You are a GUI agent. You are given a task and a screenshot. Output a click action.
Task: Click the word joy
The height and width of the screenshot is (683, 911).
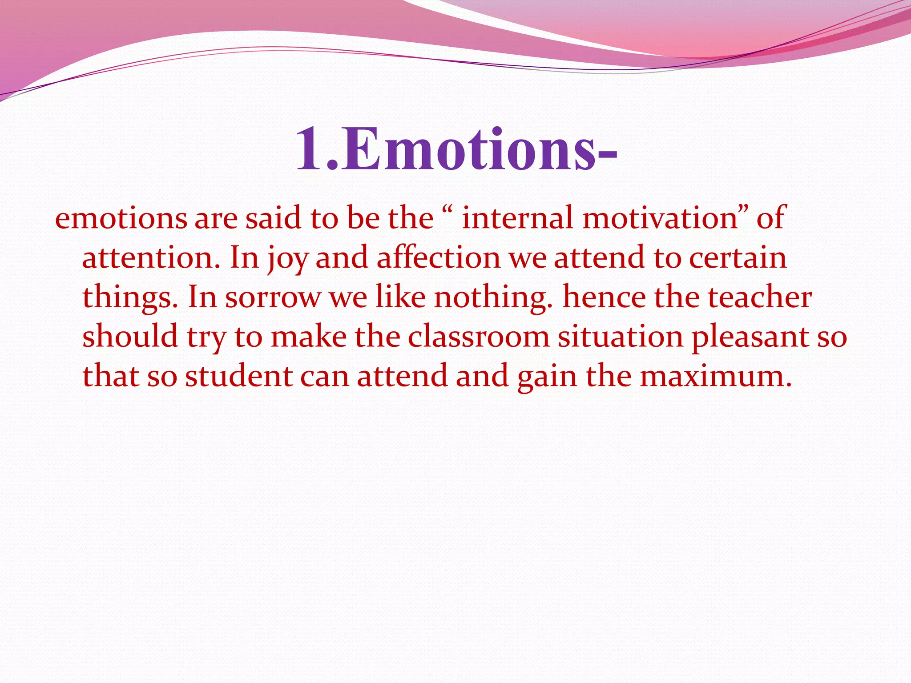coord(287,258)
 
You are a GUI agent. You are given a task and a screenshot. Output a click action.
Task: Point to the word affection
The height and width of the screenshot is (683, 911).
coord(439,258)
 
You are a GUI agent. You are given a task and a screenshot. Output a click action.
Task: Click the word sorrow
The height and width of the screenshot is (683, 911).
coord(272,297)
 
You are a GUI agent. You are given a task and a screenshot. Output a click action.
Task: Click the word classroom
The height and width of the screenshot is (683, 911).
coord(479,337)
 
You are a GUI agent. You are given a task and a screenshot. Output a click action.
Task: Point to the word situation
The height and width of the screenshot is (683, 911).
coord(620,337)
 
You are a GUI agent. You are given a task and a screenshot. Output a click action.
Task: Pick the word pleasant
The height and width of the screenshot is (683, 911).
coord(750,337)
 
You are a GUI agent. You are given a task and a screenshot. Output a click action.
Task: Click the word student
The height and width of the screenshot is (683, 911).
coord(238,376)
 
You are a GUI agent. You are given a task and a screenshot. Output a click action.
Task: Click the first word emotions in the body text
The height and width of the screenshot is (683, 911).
coord(121,219)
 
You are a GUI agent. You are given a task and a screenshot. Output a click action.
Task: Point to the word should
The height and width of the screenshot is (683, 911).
coord(130,337)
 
